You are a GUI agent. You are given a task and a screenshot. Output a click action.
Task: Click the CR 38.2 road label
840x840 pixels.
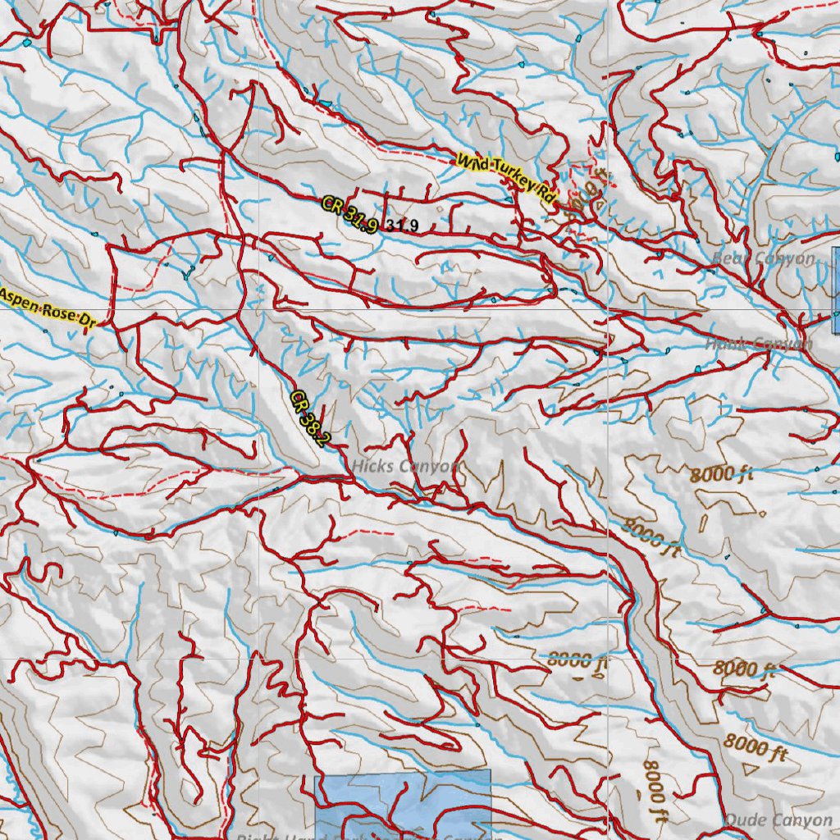(309, 418)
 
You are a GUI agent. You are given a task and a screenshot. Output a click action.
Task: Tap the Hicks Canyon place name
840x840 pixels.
(405, 466)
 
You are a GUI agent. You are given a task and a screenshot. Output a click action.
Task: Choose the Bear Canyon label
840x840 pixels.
(763, 259)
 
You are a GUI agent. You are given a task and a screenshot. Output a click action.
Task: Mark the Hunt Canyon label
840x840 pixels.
(758, 344)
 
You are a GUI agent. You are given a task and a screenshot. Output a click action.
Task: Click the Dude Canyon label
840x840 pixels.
(766, 820)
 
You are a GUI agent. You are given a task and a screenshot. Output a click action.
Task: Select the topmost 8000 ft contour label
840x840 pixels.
(721, 473)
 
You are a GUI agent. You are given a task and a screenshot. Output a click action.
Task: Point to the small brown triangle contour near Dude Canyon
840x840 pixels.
(748, 769)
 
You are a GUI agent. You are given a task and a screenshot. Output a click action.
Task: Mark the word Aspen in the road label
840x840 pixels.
(21, 299)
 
